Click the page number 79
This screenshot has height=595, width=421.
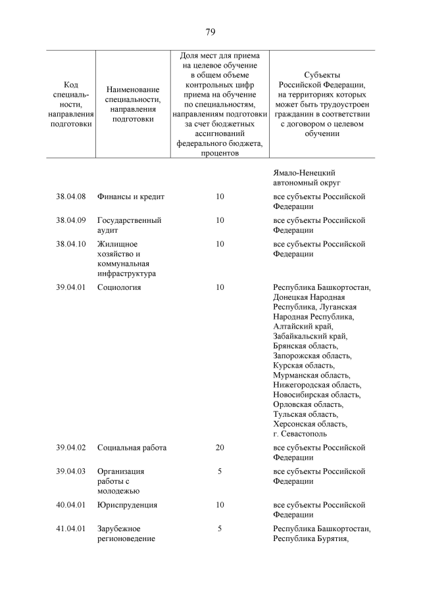pyautogui.click(x=210, y=32)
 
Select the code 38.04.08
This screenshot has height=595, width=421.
pyautogui.click(x=71, y=197)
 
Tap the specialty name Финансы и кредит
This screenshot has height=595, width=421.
pyautogui.click(x=130, y=197)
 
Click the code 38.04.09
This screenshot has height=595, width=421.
pyautogui.click(x=71, y=220)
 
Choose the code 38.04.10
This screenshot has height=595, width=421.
pyautogui.click(x=71, y=244)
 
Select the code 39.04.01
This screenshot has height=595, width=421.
pyautogui.click(x=71, y=287)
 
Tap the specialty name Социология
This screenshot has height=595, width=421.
pyautogui.click(x=119, y=287)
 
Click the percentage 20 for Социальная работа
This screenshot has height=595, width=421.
pyautogui.click(x=220, y=448)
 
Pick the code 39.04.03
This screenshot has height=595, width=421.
pyautogui.click(x=71, y=471)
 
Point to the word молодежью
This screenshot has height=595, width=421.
pyautogui.click(x=118, y=490)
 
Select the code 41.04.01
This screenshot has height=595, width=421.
pyautogui.click(x=71, y=529)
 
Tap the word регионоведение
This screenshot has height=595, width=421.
pyautogui.click(x=126, y=538)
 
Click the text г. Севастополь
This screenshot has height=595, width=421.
pyautogui.click(x=300, y=433)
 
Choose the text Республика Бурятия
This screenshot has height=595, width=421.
pyautogui.click(x=310, y=538)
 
